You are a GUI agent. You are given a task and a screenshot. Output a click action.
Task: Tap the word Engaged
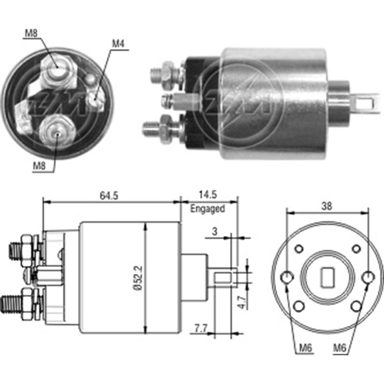(208, 209)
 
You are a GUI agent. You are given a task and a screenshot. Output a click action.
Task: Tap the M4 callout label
(118, 44)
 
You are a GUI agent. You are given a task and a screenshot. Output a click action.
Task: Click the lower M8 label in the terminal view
(39, 166)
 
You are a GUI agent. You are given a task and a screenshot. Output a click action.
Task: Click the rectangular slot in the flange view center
(327, 278)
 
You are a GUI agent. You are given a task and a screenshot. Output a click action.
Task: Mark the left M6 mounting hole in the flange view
(287, 276)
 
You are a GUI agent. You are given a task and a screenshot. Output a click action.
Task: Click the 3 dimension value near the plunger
(215, 232)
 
